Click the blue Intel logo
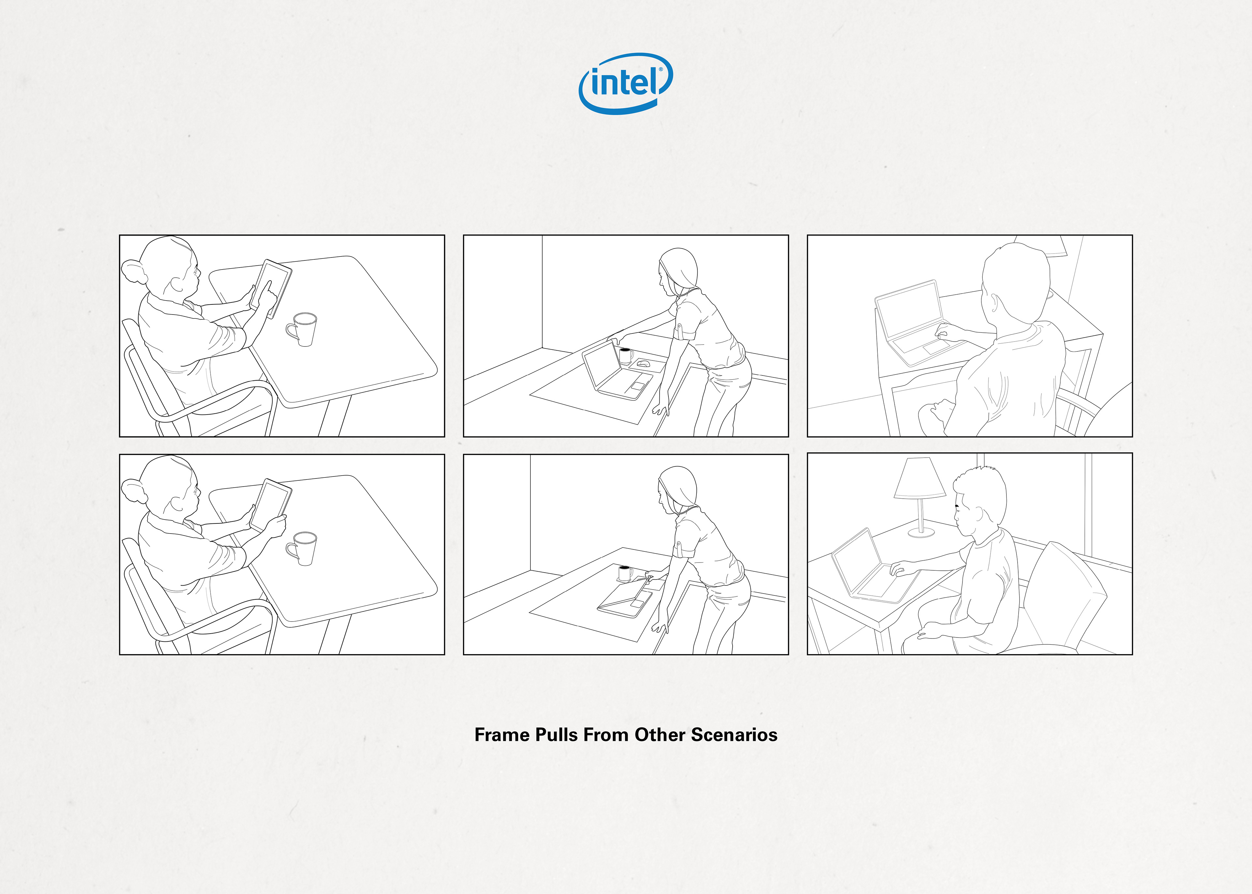pyautogui.click(x=625, y=83)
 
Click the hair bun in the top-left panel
pyautogui.click(x=134, y=272)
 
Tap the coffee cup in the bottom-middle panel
pyautogui.click(x=625, y=574)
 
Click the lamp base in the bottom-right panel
pyautogui.click(x=921, y=532)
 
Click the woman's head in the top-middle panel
pyautogui.click(x=677, y=271)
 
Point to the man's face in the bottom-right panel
pyautogui.click(x=963, y=518)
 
